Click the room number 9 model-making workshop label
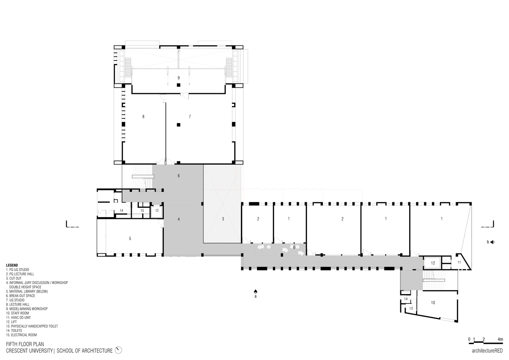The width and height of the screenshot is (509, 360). point(178,78)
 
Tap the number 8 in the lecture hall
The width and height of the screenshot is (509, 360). point(143,117)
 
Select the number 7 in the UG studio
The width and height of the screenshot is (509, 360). point(190,117)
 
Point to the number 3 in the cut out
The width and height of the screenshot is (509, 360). point(223,219)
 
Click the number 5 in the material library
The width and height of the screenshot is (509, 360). point(130,238)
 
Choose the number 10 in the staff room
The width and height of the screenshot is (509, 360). point(433,303)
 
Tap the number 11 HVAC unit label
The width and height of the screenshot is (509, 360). point(459,262)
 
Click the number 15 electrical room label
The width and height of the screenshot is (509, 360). point(142,211)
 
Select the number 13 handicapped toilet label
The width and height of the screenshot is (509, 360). point(411,309)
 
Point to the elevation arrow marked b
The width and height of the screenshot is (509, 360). point(492,242)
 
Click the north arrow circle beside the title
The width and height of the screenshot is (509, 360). point(119,350)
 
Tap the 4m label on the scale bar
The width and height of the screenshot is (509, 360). point(500,339)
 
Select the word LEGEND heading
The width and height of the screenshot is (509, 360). point(12,265)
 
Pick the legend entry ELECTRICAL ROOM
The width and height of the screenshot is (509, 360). point(21,335)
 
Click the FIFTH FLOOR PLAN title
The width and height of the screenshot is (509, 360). point(25,345)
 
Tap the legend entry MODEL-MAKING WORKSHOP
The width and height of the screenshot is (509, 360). point(27,309)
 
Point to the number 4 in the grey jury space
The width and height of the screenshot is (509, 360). point(179,219)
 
